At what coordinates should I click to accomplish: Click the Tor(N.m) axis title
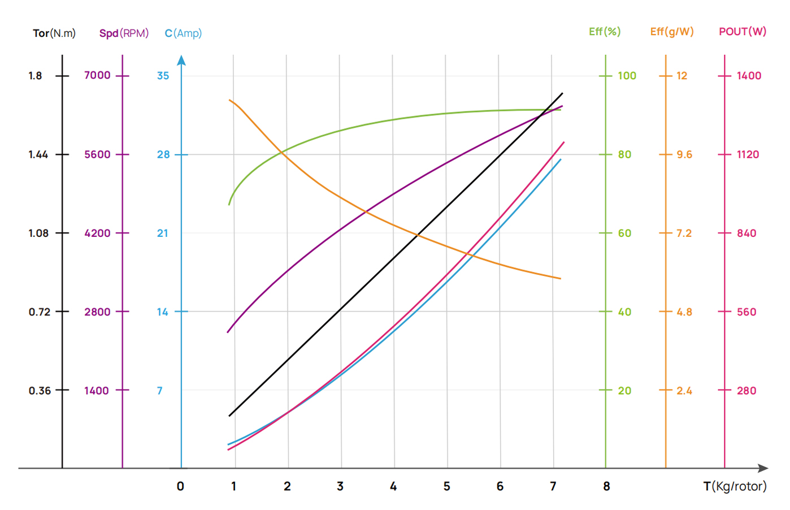click(54, 33)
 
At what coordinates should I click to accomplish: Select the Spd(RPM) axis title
click(124, 33)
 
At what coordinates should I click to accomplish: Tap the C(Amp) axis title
click(183, 33)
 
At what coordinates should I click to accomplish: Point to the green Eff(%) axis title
click(605, 32)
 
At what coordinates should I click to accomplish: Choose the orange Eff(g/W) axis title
click(672, 32)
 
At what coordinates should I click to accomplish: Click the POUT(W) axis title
click(743, 32)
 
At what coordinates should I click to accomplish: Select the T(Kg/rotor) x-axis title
click(735, 486)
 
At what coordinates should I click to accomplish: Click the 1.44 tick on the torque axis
click(38, 154)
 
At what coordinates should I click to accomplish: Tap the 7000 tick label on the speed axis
click(97, 75)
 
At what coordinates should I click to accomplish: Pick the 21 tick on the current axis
click(163, 233)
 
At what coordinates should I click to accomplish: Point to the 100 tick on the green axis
click(627, 76)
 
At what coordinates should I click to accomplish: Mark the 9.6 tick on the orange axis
click(684, 154)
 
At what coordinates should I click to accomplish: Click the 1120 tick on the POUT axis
click(748, 154)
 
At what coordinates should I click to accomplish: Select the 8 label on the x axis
click(606, 486)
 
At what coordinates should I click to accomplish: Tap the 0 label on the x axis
click(180, 486)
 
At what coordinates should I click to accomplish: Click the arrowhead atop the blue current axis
click(181, 60)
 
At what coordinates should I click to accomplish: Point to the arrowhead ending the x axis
click(763, 468)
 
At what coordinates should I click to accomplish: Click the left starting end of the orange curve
click(229, 100)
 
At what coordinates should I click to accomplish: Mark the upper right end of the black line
click(562, 93)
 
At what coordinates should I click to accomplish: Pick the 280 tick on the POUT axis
click(746, 391)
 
